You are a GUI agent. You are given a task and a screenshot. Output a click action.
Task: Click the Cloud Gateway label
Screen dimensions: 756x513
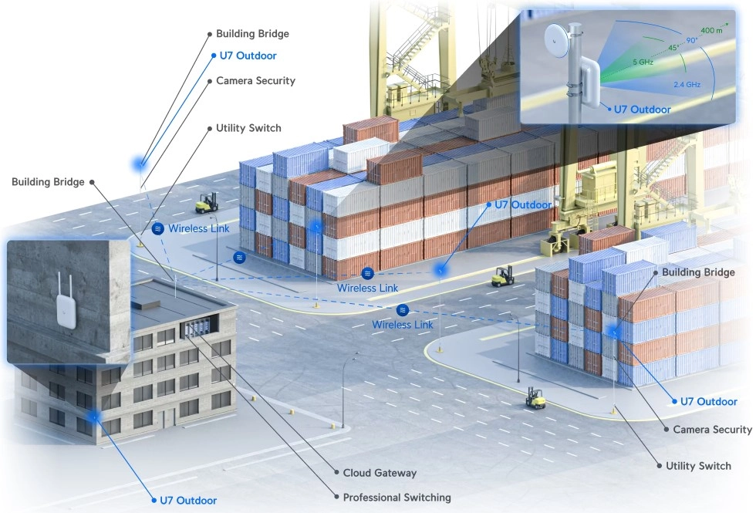pyautogui.click(x=380, y=473)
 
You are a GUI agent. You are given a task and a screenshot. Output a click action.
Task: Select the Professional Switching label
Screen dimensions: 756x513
pyautogui.click(x=397, y=497)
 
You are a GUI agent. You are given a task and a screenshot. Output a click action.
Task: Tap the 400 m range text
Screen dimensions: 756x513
pyautogui.click(x=711, y=30)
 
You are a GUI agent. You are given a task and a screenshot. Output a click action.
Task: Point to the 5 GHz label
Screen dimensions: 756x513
pyautogui.click(x=643, y=62)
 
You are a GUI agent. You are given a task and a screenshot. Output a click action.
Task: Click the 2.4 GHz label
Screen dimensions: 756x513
pyautogui.click(x=687, y=84)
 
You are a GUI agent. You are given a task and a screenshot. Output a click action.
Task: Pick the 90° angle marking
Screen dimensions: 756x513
pyautogui.click(x=691, y=40)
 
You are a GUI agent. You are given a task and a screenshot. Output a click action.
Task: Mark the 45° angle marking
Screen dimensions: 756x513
pyautogui.click(x=673, y=48)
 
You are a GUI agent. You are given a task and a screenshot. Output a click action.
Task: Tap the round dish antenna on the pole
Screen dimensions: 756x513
pyautogui.click(x=558, y=41)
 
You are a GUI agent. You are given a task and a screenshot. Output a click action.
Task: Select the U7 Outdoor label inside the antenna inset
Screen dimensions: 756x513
pyautogui.click(x=642, y=110)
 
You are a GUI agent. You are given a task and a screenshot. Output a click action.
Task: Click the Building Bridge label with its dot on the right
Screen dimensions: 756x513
pyautogui.click(x=48, y=182)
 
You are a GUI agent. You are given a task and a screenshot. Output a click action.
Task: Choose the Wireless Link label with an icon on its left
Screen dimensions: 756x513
pyautogui.click(x=199, y=228)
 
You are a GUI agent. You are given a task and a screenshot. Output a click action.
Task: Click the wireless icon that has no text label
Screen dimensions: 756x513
pyautogui.click(x=239, y=258)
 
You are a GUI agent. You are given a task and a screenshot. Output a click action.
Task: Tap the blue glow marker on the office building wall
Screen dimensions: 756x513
pyautogui.click(x=94, y=416)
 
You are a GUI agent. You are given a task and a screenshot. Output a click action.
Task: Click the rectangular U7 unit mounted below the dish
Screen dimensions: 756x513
pyautogui.click(x=589, y=80)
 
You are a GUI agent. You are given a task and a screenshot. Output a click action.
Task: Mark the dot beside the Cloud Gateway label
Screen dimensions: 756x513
pyautogui.click(x=336, y=472)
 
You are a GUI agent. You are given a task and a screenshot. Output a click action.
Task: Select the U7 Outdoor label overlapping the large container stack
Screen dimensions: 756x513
pyautogui.click(x=523, y=205)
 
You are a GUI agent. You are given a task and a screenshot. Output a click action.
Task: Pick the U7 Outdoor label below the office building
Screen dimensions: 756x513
pyautogui.click(x=188, y=501)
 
